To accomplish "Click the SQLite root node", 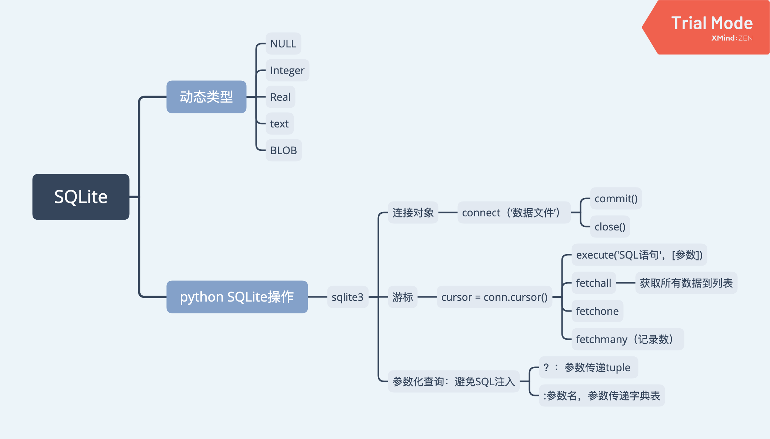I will pos(81,197).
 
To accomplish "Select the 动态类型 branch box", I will pos(206,97).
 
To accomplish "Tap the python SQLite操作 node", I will pos(237,297).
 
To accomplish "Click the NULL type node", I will pos(283,44).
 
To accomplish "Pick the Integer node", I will pos(287,70).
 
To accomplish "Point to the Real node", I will pos(280,97).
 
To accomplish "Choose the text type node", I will pos(280,124).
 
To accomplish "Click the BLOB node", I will pos(284,150).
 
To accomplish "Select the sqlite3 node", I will pos(347,297).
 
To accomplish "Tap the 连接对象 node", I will pos(413,213).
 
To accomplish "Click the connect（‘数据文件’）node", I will pos(514,213).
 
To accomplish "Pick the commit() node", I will pos(616,199).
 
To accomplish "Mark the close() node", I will pos(610,227).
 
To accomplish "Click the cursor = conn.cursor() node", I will pos(494,297).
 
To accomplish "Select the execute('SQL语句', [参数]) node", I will pos(639,255).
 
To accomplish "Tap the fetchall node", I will pos(594,283).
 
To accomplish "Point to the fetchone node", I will pos(597,311).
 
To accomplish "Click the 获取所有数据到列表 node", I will pos(686,283).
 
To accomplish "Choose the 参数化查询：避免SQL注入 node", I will pos(454,381).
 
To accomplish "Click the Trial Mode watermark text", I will pos(712,23).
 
